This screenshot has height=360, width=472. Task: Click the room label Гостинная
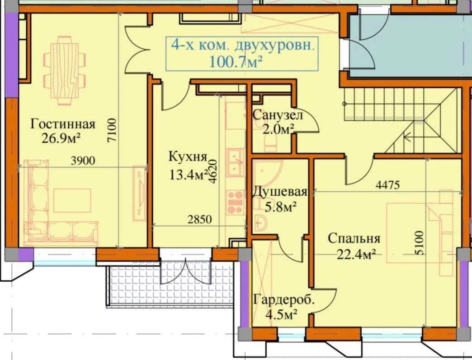coord(63,124)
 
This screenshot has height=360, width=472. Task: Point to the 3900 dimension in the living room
coord(83,161)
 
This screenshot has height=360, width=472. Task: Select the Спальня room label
coord(354,238)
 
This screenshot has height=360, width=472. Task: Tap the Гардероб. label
coord(284,300)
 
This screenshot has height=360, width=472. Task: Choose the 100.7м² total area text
coord(236,62)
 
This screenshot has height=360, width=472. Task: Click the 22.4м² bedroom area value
coord(357,255)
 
